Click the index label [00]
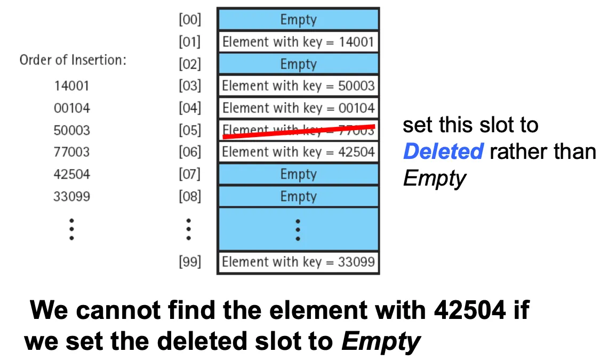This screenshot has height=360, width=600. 189,20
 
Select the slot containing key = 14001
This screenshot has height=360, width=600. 298,42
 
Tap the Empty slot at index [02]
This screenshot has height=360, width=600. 298,64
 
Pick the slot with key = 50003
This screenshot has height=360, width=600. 298,86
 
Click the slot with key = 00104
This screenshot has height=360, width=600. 298,108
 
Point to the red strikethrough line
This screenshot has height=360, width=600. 298,131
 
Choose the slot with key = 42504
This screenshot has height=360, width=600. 298,152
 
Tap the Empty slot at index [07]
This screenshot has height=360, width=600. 298,174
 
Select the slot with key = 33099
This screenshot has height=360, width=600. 298,262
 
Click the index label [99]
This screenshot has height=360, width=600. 189,262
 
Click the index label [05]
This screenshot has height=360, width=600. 189,130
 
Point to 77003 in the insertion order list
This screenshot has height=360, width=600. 71,152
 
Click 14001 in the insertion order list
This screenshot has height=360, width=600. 71,85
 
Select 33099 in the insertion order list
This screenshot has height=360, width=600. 71,196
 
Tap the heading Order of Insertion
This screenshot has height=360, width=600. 73,60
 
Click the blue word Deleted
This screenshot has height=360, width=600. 443,152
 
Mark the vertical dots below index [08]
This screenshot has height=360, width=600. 188,229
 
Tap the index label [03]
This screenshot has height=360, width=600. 189,86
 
